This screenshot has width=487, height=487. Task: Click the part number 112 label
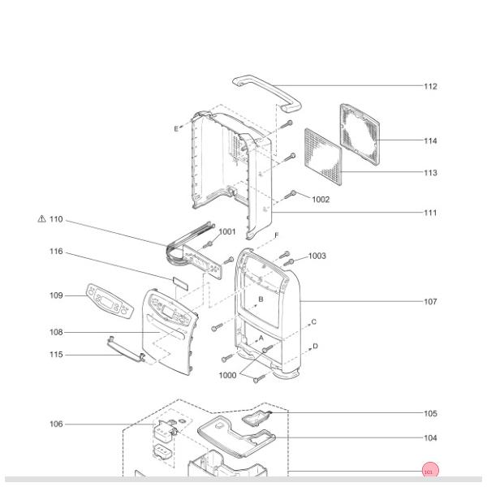click(x=430, y=86)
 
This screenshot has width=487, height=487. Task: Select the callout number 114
click(x=430, y=140)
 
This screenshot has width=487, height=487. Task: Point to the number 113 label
click(x=430, y=173)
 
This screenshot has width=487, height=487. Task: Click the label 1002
click(x=321, y=199)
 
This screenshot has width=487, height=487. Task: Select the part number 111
click(x=430, y=213)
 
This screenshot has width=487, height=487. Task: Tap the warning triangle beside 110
click(x=41, y=219)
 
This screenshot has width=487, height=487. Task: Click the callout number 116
click(x=55, y=252)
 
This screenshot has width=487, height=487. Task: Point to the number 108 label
click(x=55, y=332)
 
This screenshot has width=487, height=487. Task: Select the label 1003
click(x=317, y=256)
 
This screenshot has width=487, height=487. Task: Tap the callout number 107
click(x=430, y=301)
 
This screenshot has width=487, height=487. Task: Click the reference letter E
click(x=175, y=128)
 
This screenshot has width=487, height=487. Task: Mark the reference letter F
click(x=276, y=235)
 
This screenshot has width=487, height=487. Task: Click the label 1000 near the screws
click(x=228, y=376)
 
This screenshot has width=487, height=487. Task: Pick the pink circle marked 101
click(x=429, y=471)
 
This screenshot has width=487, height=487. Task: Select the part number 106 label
click(x=55, y=424)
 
